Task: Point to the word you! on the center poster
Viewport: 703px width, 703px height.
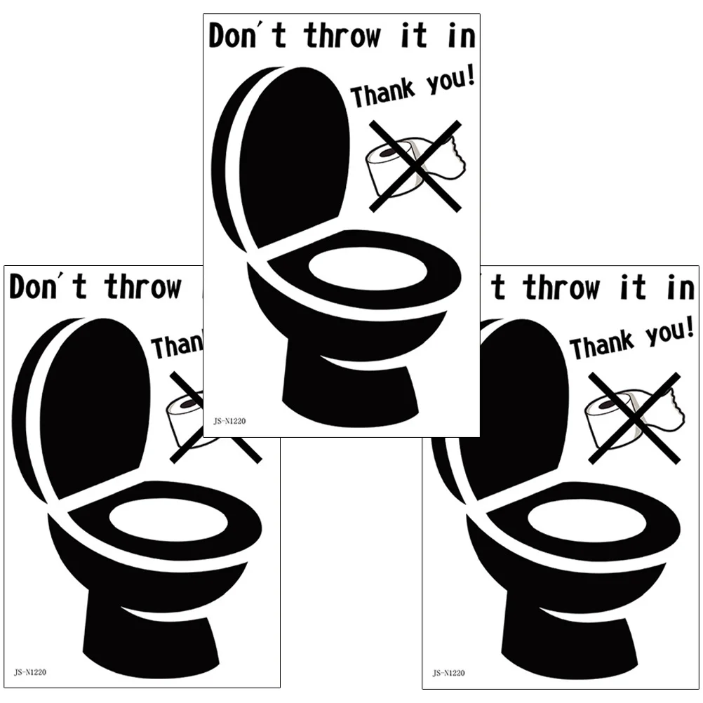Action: tap(447, 81)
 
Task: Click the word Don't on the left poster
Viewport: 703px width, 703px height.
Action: tap(48, 288)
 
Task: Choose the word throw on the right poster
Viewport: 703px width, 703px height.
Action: tap(561, 288)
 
